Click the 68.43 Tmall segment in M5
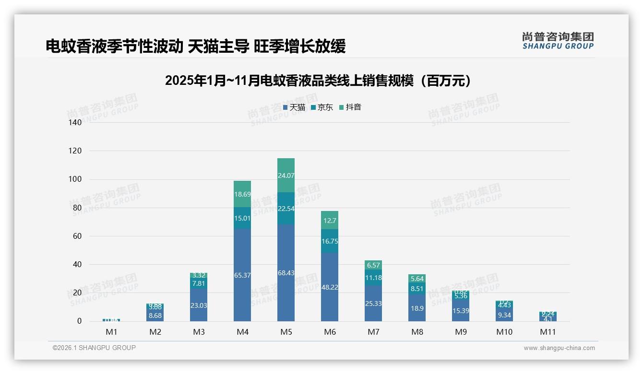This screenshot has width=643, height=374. point(286,273)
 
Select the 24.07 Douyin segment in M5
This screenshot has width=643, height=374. point(286,175)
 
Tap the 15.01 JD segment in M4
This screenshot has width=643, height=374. point(242,218)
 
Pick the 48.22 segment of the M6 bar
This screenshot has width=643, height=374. point(330,287)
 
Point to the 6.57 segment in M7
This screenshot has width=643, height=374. point(373,265)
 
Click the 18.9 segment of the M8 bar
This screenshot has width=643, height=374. point(417,308)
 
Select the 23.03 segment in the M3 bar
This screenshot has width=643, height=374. point(199,305)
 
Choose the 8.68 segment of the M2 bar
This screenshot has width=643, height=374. point(155,315)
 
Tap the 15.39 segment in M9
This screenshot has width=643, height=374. point(461,310)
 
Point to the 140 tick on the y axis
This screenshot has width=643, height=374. point(75,123)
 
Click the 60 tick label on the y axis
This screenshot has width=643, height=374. point(77,236)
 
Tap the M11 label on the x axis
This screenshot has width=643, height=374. point(548,332)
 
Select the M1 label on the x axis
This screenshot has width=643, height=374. point(111,332)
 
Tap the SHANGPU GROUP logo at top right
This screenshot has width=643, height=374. point(558,41)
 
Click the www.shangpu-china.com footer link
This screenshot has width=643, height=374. point(559,348)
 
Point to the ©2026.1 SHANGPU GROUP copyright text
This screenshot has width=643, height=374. point(94,348)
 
